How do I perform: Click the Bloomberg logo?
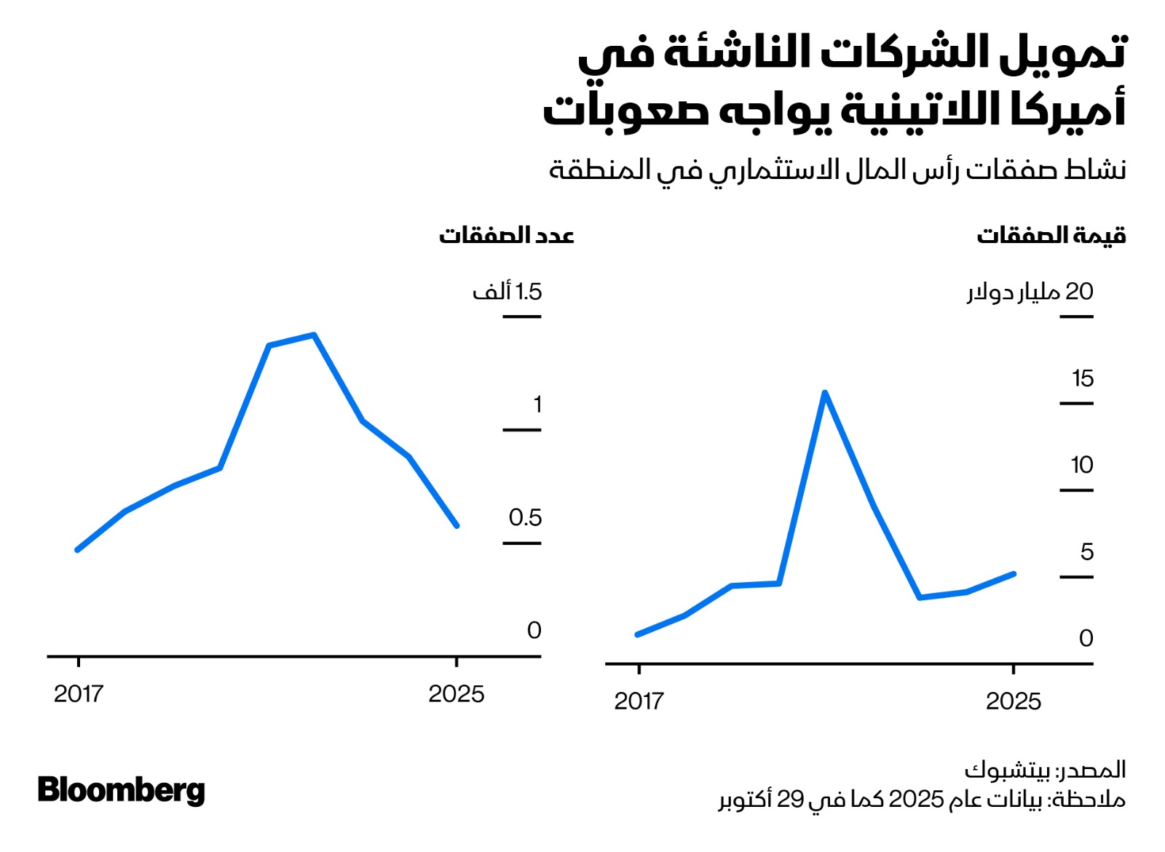[x=121, y=790]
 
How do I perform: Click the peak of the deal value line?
[x=824, y=394]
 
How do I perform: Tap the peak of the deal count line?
[x=313, y=335]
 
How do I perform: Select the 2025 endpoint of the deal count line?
[x=457, y=525]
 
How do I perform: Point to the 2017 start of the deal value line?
[x=638, y=634]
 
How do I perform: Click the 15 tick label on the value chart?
[x=1082, y=378]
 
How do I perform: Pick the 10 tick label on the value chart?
[x=1081, y=465]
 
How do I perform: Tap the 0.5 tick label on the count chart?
[x=525, y=517]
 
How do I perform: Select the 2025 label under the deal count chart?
[x=456, y=693]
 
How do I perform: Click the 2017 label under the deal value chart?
[x=639, y=701]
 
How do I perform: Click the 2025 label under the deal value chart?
[x=1013, y=701]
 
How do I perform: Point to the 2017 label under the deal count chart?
[x=78, y=693]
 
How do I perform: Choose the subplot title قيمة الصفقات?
[x=1051, y=235]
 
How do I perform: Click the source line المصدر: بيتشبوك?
[x=1045, y=769]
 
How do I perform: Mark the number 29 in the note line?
[x=790, y=799]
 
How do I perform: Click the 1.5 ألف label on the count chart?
[x=508, y=292]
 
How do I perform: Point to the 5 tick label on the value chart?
[x=1086, y=552]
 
